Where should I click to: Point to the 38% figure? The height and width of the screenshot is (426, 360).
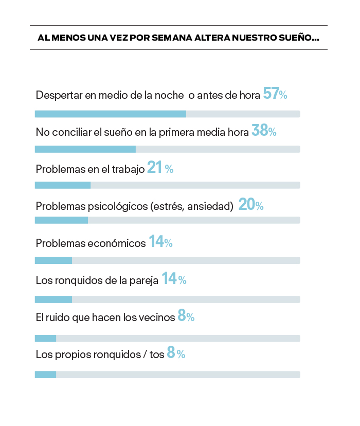click(264, 131)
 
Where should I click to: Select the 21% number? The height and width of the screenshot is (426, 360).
click(160, 168)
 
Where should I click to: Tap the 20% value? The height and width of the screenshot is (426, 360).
click(251, 205)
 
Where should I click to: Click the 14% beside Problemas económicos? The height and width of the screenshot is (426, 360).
click(160, 242)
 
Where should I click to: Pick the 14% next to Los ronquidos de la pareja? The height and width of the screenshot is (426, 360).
click(174, 279)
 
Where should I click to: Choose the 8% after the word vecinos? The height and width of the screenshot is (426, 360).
click(186, 316)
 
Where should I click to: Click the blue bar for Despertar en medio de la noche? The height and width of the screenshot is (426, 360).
click(110, 114)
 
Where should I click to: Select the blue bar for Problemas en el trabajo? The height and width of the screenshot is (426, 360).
click(62, 185)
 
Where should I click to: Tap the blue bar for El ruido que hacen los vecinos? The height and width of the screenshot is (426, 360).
click(45, 338)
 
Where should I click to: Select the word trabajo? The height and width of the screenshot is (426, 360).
click(128, 169)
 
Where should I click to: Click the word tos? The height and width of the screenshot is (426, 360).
click(157, 354)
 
